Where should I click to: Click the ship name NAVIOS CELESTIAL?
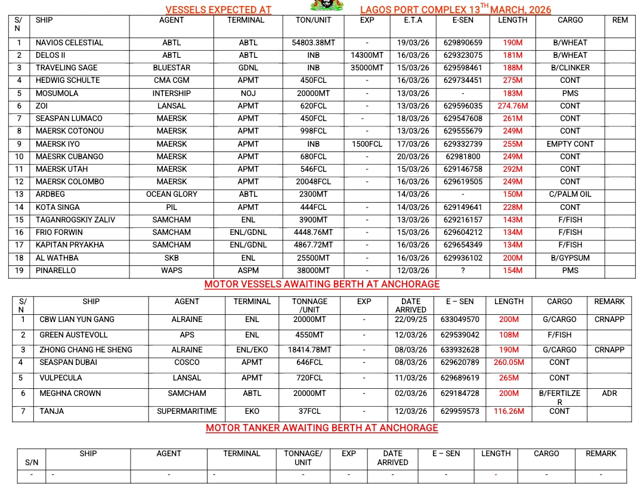pos(69,43)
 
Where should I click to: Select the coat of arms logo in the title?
pos(327,6)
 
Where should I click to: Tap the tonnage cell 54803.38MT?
pos(314,43)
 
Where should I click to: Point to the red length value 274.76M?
pos(513,106)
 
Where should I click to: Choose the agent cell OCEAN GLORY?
pos(172,194)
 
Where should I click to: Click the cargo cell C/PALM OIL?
pos(570,194)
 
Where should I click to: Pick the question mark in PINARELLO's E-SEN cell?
pos(463,270)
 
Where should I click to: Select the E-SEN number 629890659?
pos(463,43)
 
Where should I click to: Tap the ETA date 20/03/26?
pos(413,157)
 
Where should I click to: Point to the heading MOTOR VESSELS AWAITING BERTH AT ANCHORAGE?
pos(322,284)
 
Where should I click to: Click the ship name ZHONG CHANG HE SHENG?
pos(86,350)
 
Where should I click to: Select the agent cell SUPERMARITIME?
pos(187,411)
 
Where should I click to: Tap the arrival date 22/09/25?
pos(411,320)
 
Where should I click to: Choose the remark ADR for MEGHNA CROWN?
pos(609,394)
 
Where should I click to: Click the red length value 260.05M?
pos(509,363)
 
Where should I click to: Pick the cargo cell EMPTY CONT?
pos(570,144)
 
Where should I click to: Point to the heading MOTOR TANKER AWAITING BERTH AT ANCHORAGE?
pos(322,428)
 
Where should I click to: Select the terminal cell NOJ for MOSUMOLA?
pos(248,94)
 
